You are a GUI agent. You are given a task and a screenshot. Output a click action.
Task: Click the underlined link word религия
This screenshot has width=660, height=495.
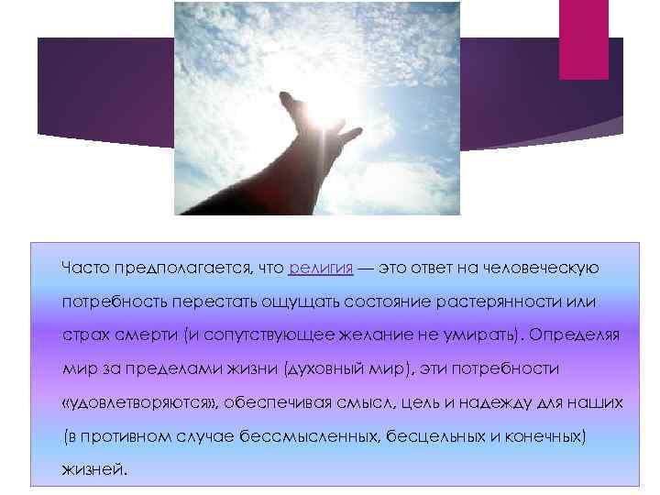coord(320,267)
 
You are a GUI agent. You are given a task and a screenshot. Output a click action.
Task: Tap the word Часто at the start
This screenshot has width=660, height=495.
coord(85,267)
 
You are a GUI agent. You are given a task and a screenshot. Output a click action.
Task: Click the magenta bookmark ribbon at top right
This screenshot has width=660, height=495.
coord(584,41)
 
